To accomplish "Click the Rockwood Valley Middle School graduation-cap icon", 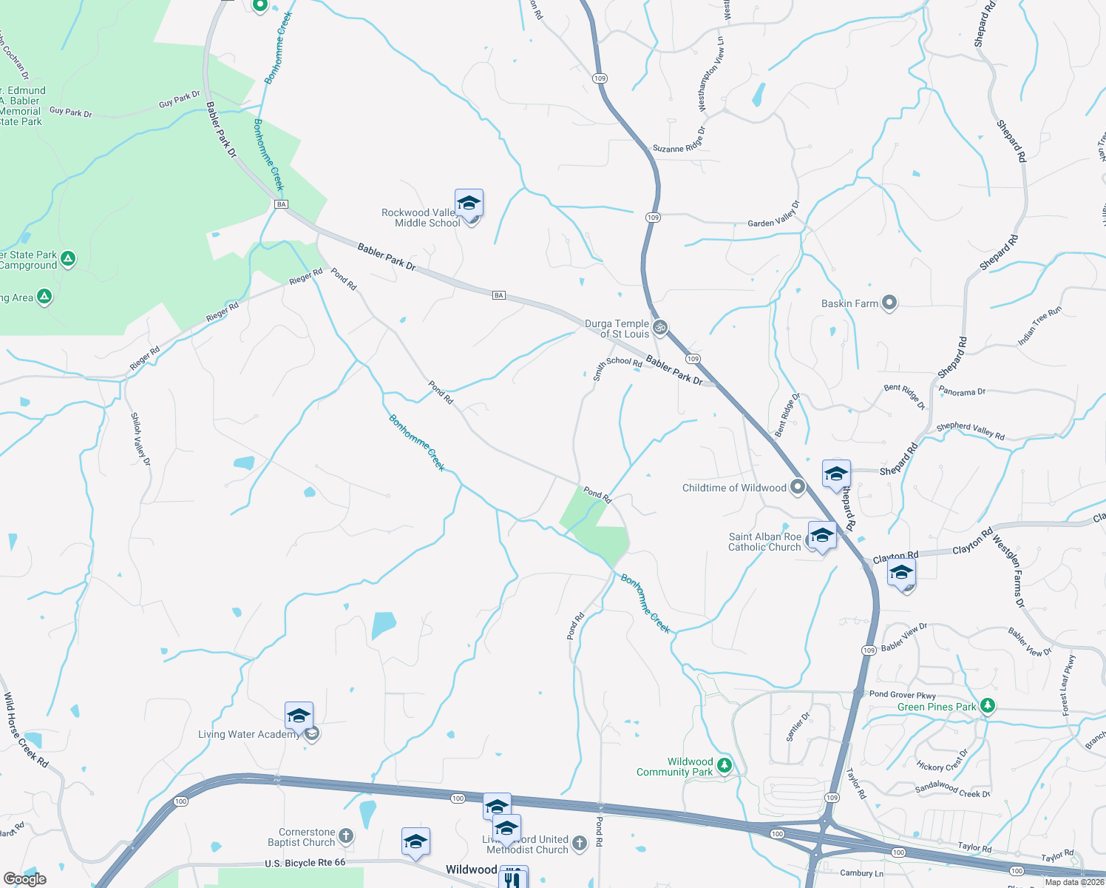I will (x=469, y=203).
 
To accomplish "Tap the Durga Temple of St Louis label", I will (x=617, y=329).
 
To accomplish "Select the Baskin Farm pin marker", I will (x=889, y=303).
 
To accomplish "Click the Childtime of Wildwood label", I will (x=733, y=488).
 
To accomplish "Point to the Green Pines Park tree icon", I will (x=988, y=706).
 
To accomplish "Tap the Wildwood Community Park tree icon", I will (x=725, y=766).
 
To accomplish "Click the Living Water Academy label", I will (x=248, y=734).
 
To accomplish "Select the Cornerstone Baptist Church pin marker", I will (x=345, y=836).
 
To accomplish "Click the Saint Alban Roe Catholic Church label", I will (x=764, y=542).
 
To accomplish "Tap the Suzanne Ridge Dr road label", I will (x=679, y=141).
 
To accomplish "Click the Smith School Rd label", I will (x=617, y=366).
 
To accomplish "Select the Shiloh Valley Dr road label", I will (x=140, y=439).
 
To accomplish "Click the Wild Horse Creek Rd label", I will (x=26, y=730).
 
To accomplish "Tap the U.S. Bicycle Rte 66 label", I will (x=305, y=863).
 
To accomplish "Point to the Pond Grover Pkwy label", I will (x=902, y=694).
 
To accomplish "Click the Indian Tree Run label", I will (x=1039, y=326).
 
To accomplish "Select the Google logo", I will (x=25, y=878).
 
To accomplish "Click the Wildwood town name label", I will (x=471, y=869).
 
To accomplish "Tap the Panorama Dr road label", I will (x=962, y=391).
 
